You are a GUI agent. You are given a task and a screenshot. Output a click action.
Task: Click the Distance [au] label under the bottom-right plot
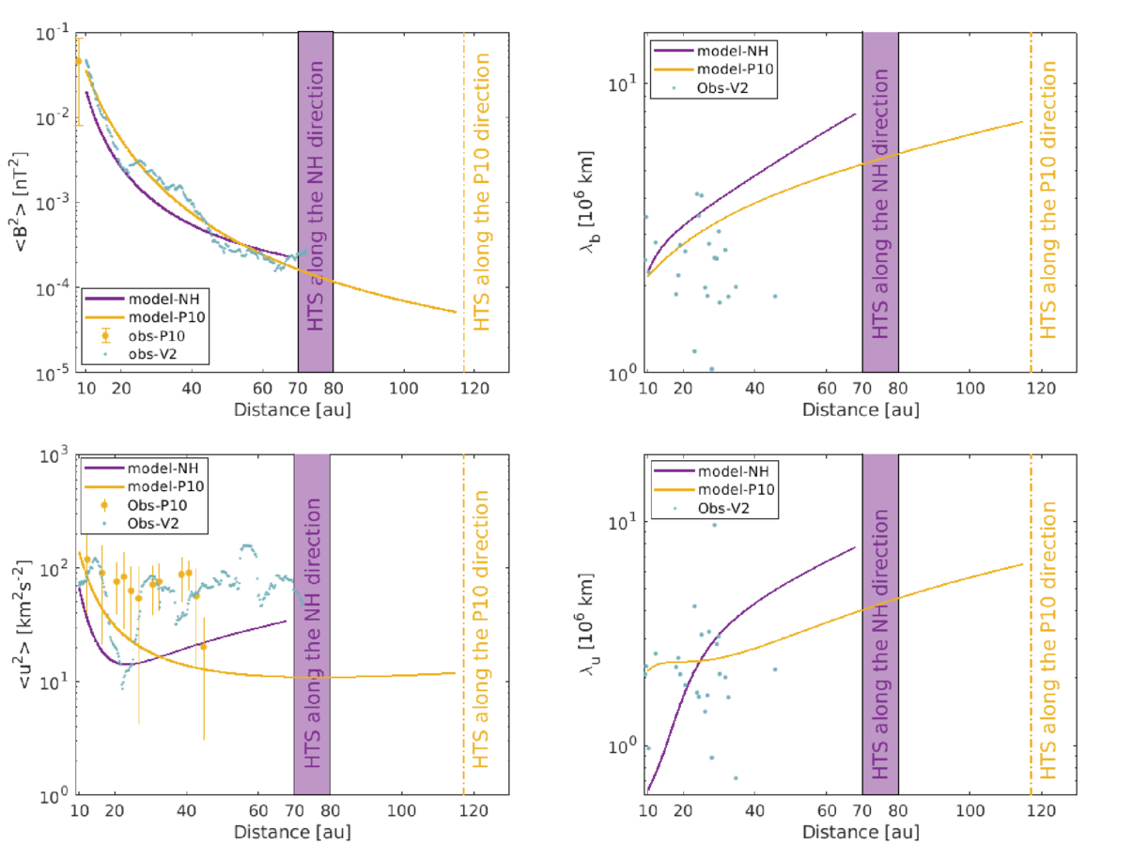[x=860, y=832]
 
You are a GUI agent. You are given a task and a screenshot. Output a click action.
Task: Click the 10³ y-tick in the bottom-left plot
[x=60, y=455]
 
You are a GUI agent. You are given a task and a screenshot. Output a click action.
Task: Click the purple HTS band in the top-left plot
[x=315, y=202]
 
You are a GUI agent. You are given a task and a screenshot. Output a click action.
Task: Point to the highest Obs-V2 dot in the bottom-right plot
[x=714, y=525]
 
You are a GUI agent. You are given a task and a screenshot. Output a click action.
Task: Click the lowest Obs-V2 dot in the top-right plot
[x=711, y=369]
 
